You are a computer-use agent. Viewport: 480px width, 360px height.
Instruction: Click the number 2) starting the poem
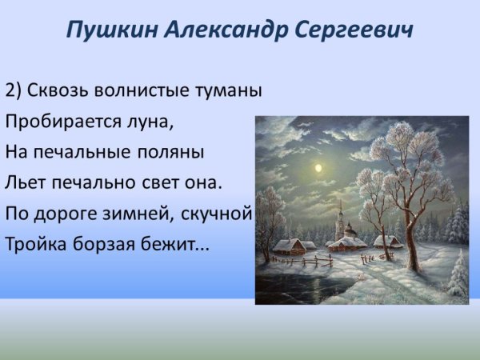pos(14,90)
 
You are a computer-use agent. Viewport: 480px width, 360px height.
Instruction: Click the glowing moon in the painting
pos(318,168)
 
